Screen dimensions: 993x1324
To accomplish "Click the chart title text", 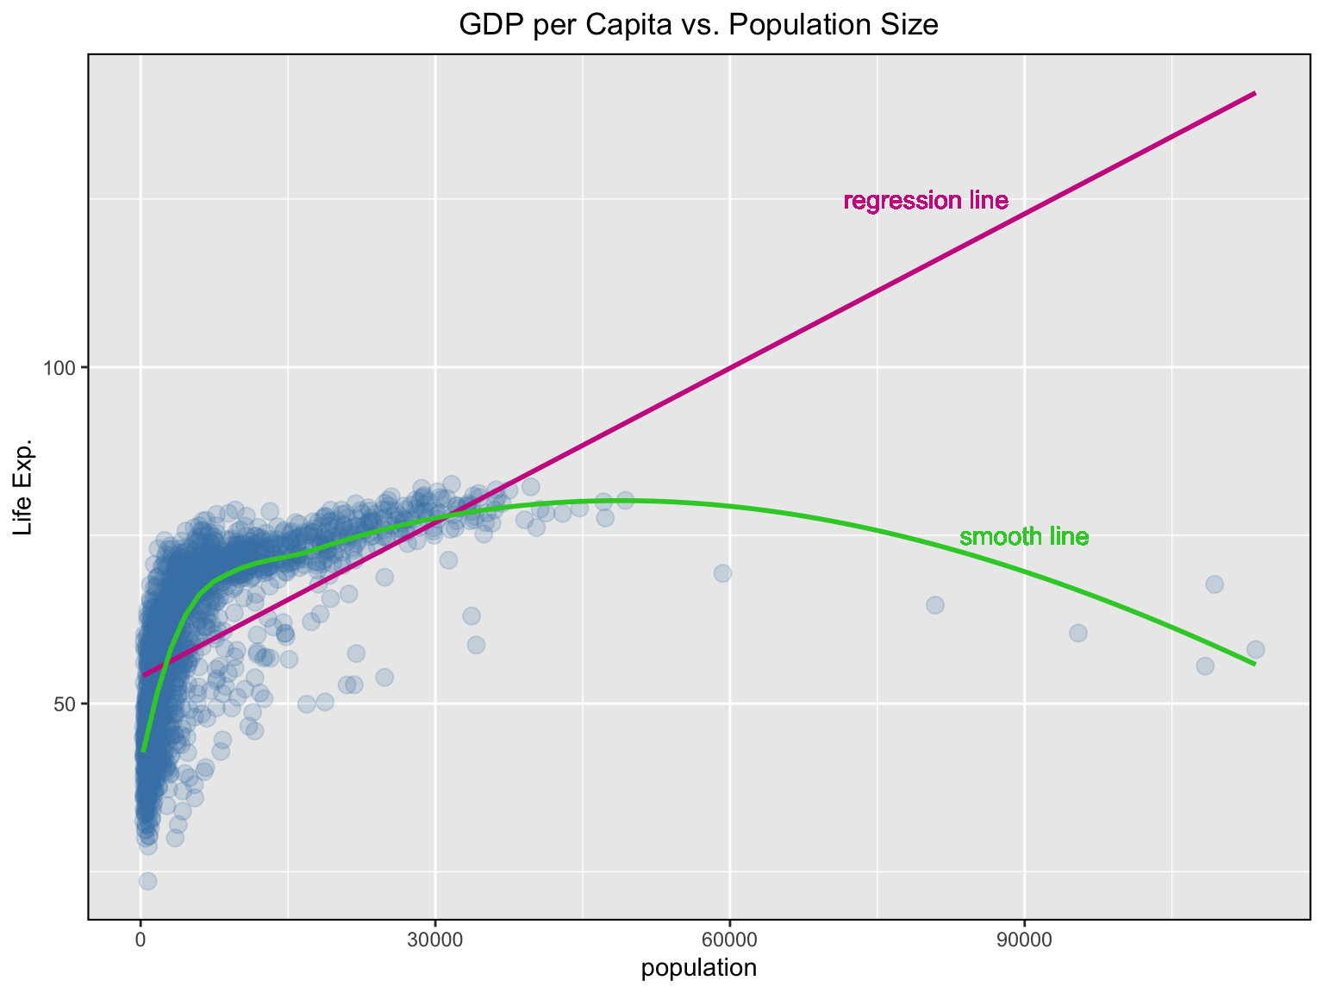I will pos(698,26).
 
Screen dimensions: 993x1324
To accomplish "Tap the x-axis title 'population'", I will pos(699,969).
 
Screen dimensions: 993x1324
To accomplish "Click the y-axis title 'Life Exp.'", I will pos(24,486).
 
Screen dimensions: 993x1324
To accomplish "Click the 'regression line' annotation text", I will pos(926,202).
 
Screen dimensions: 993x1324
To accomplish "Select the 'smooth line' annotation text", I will pos(1024,538).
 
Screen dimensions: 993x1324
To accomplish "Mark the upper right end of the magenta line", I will pos(1255,92).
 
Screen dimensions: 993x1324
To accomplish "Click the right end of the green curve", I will pos(1255,665).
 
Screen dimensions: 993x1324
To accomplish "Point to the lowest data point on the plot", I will pos(148,881).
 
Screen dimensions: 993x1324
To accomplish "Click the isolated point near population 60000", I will pos(722,573).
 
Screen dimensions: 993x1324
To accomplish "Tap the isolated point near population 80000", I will pos(935,605).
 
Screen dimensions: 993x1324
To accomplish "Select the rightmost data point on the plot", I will pos(1256,650).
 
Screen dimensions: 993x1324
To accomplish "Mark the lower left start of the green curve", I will pos(144,751).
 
